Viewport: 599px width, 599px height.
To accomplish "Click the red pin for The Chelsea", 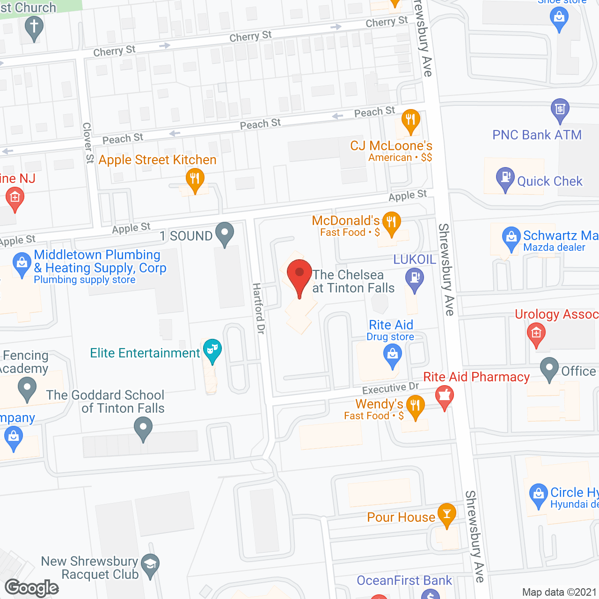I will pos(299,274).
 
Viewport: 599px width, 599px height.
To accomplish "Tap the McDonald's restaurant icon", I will pos(392,221).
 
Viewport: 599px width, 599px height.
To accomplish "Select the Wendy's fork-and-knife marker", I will pos(415,405).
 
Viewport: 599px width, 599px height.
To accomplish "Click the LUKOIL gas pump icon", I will pos(414,278).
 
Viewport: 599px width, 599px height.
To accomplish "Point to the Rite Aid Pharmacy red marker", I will pos(445,397).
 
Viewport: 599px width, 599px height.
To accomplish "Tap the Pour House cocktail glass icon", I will pos(446,513).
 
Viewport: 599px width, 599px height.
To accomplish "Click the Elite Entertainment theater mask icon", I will pos(212,349).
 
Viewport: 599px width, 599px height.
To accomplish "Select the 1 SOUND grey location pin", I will pos(225,232).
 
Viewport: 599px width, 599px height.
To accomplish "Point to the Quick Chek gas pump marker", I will pos(505,177).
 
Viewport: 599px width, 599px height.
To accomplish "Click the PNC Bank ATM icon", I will pos(560,109).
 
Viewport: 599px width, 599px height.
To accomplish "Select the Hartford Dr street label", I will pos(259,308).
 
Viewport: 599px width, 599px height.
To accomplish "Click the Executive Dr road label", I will pos(390,388).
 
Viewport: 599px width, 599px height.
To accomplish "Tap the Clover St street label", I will pos(88,143).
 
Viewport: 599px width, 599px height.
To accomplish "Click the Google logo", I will pos(32,588).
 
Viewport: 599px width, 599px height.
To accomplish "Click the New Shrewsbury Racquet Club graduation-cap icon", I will pos(150,564).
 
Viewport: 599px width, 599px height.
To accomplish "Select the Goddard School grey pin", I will pos(143,427).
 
